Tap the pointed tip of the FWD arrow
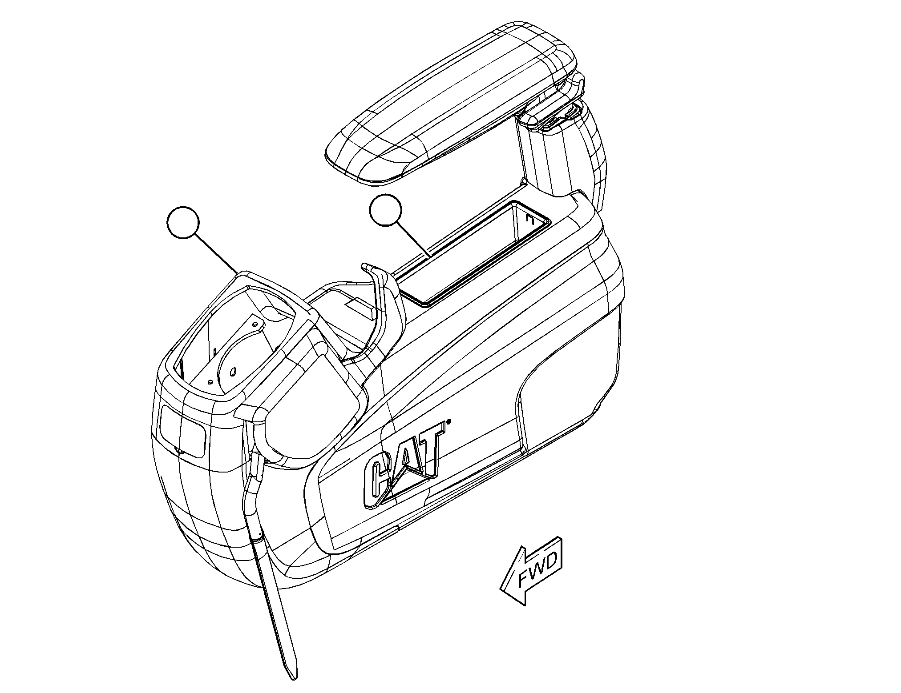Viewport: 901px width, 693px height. click(501, 590)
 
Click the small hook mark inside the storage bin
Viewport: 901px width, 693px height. click(529, 219)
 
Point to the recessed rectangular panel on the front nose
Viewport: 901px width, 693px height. click(182, 430)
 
